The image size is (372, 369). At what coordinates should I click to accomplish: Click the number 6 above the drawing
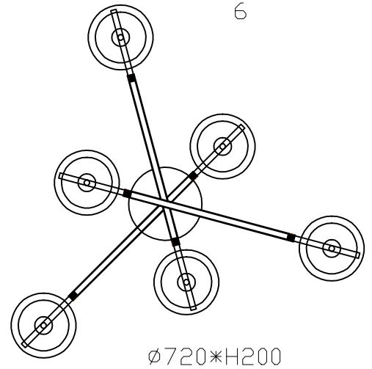click(x=241, y=12)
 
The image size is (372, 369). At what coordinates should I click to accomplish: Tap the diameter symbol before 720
click(x=156, y=357)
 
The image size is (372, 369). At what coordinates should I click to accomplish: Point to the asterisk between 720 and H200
click(x=215, y=357)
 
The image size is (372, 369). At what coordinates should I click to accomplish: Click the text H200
click(x=252, y=357)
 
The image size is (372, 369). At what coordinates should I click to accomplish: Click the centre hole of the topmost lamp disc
click(x=120, y=37)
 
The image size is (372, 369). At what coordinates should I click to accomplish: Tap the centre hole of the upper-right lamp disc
click(x=222, y=147)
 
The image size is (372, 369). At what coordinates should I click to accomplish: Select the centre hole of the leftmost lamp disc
click(x=87, y=183)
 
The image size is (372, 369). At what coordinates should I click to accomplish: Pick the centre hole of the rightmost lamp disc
click(x=332, y=248)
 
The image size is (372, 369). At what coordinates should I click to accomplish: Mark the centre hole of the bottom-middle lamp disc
click(x=186, y=282)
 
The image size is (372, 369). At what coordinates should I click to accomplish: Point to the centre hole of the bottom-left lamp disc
click(x=43, y=326)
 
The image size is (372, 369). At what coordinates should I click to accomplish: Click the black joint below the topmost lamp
click(x=131, y=78)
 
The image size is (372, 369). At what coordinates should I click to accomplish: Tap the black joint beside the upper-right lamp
click(x=193, y=176)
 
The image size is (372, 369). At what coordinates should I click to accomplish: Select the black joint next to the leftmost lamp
click(x=127, y=193)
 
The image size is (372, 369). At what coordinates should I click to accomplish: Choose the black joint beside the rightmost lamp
click(x=291, y=238)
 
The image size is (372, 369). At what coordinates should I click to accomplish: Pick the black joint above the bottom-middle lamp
click(x=175, y=241)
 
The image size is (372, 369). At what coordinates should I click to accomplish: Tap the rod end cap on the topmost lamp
click(x=114, y=11)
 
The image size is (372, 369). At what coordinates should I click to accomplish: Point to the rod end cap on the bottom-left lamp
click(x=25, y=344)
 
